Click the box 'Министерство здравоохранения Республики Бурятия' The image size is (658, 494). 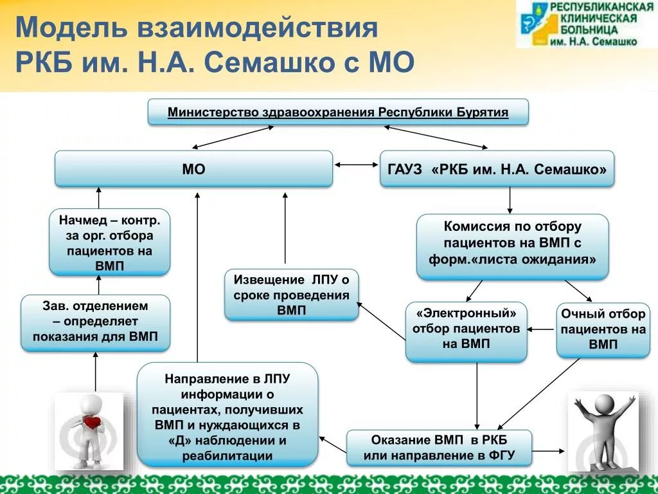click(x=338, y=113)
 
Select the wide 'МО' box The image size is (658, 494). click(x=193, y=169)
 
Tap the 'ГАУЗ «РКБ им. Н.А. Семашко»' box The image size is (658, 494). click(x=497, y=169)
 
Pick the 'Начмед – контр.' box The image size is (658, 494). click(x=109, y=242)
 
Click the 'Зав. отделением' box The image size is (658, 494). click(x=95, y=323)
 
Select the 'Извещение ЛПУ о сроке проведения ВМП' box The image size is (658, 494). click(x=291, y=295)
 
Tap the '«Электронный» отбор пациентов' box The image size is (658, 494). click(x=466, y=331)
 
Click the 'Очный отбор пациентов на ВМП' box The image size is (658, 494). click(x=603, y=330)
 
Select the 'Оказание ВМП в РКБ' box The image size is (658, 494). click(x=440, y=448)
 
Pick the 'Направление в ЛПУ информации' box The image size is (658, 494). click(x=227, y=415)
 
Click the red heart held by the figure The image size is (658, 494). click(x=93, y=423)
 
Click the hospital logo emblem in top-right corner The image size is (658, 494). click(x=534, y=24)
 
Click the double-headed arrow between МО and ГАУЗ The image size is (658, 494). click(x=357, y=165)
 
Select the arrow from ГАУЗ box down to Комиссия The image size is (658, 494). click(x=510, y=200)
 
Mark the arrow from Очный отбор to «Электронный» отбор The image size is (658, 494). click(x=541, y=329)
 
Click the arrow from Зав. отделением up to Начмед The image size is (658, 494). click(x=98, y=285)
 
